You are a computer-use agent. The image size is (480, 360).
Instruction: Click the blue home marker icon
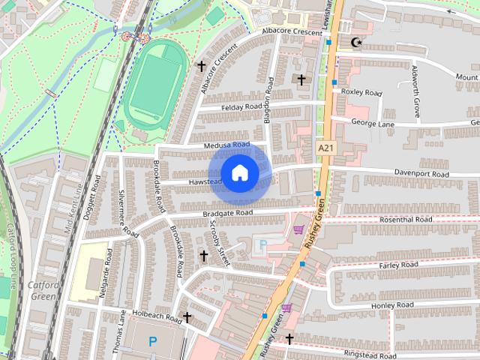239,173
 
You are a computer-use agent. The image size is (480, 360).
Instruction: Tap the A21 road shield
325,148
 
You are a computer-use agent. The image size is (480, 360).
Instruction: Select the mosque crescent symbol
356,42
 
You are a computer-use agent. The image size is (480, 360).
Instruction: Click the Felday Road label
244,107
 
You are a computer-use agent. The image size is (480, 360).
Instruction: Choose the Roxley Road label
361,93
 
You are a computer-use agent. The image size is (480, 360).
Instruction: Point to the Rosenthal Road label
406,220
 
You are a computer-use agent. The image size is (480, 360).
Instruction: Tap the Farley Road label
398,265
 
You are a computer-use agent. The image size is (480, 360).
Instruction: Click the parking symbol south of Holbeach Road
153,341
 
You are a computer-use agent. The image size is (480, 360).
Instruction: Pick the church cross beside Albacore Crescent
201,66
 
